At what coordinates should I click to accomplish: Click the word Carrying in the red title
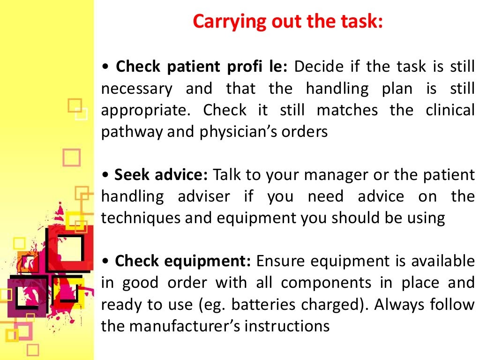(x=225, y=22)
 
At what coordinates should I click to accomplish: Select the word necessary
(x=137, y=89)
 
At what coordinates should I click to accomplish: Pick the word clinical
(x=450, y=110)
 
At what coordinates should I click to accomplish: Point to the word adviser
(x=204, y=196)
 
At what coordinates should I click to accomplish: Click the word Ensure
(x=279, y=261)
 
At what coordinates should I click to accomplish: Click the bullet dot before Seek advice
(x=105, y=175)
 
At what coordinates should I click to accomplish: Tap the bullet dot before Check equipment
(x=105, y=261)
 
